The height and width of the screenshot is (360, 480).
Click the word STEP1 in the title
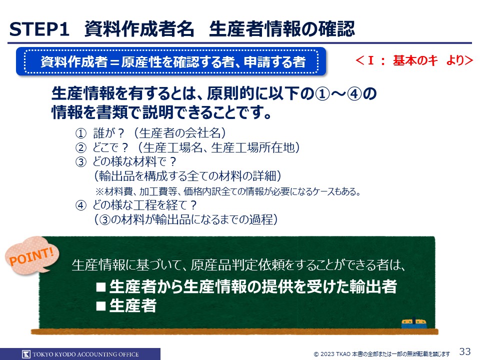(39, 29)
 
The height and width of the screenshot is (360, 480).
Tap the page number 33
(464, 351)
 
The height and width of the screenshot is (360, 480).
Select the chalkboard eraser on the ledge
(414, 323)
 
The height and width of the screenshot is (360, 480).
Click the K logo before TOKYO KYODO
(26, 354)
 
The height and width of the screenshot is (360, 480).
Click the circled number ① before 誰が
(81, 133)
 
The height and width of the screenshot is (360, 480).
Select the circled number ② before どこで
(81, 148)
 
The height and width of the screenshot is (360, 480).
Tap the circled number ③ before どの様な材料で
(81, 162)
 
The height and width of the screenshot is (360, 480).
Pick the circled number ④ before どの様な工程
(81, 205)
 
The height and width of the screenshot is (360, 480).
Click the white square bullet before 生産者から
(101, 287)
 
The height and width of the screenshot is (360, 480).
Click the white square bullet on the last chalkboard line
(101, 305)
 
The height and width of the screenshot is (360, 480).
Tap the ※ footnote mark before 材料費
(100, 192)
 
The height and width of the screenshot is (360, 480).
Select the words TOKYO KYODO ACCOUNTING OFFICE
(85, 354)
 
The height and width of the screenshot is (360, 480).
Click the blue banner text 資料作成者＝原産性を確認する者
(173, 62)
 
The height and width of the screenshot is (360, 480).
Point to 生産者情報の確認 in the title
(282, 29)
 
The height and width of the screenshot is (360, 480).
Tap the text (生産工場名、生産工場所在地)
(219, 147)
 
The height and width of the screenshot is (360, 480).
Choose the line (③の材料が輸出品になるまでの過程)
(186, 219)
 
